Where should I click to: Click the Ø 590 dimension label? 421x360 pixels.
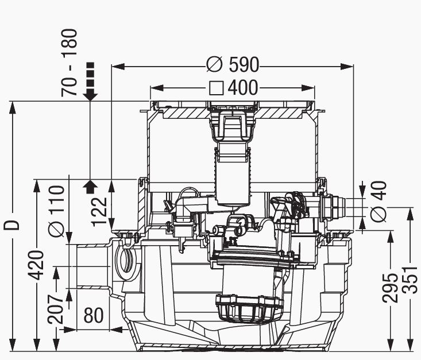pos(233,64)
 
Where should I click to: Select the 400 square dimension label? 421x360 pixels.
pos(233,87)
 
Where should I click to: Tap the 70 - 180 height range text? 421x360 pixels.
pos(69,63)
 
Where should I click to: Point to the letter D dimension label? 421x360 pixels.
pos(12,225)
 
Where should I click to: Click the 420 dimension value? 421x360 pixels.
pos(36,265)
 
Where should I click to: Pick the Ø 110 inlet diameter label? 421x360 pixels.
pos(57,211)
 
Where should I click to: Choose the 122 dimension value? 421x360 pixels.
pos(99,211)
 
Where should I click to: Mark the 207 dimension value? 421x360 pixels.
pos(56,309)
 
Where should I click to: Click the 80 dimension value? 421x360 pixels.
pos(94,315)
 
